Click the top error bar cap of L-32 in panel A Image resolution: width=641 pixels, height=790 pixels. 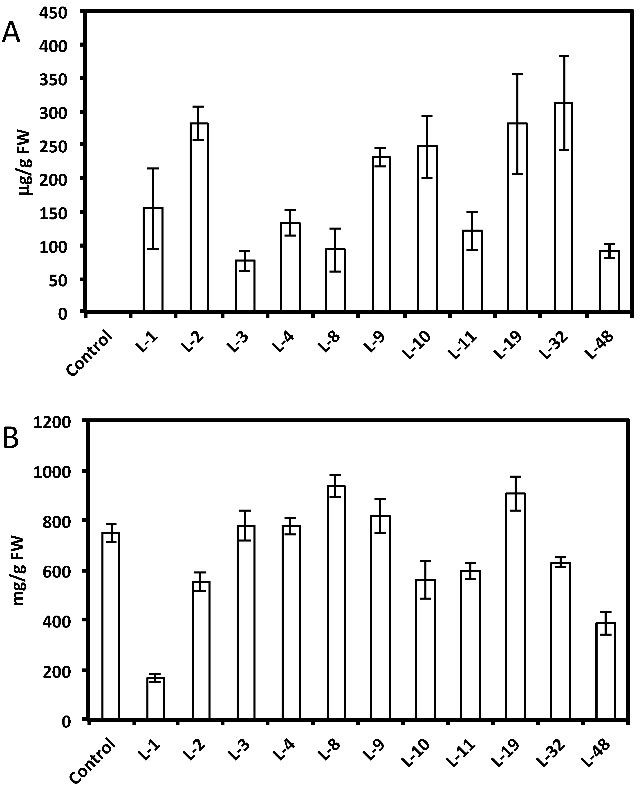(563, 56)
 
